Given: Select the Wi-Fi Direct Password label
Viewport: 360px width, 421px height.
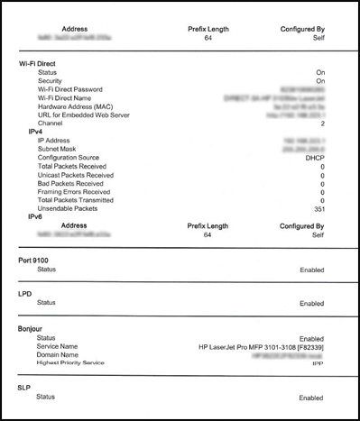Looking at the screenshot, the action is (71, 89).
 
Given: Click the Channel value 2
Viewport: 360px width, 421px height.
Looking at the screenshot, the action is (321, 124).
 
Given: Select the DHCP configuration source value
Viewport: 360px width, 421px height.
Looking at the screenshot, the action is (313, 158).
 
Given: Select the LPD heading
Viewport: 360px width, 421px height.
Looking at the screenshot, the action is (26, 294).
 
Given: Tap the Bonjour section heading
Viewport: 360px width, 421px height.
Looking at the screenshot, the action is (33, 328).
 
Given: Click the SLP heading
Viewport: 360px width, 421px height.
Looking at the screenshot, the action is (26, 388).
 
